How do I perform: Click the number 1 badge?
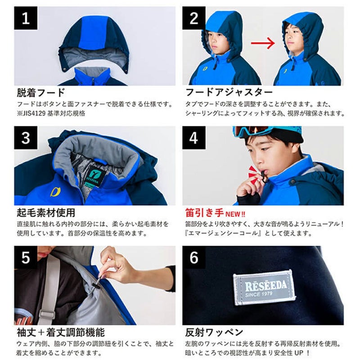pyautogui.click(x=26, y=18)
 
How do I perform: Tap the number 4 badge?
pyautogui.click(x=194, y=138)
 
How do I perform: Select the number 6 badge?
pyautogui.click(x=194, y=257)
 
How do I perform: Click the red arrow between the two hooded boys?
pyautogui.click(x=263, y=43)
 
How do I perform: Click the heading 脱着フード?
pyautogui.click(x=41, y=93)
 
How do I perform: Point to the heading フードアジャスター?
pyautogui.click(x=229, y=92)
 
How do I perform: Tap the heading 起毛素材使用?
pyautogui.click(x=46, y=212)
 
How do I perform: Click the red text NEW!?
pyautogui.click(x=235, y=214)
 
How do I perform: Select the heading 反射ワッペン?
pyautogui.click(x=214, y=332)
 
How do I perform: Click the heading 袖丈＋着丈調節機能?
pyautogui.click(x=61, y=332)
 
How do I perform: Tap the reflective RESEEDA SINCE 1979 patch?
pyautogui.click(x=264, y=288)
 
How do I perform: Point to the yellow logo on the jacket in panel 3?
pyautogui.click(x=55, y=192)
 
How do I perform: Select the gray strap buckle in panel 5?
pyautogui.click(x=47, y=314)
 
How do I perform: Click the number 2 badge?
pyautogui.click(x=194, y=18)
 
